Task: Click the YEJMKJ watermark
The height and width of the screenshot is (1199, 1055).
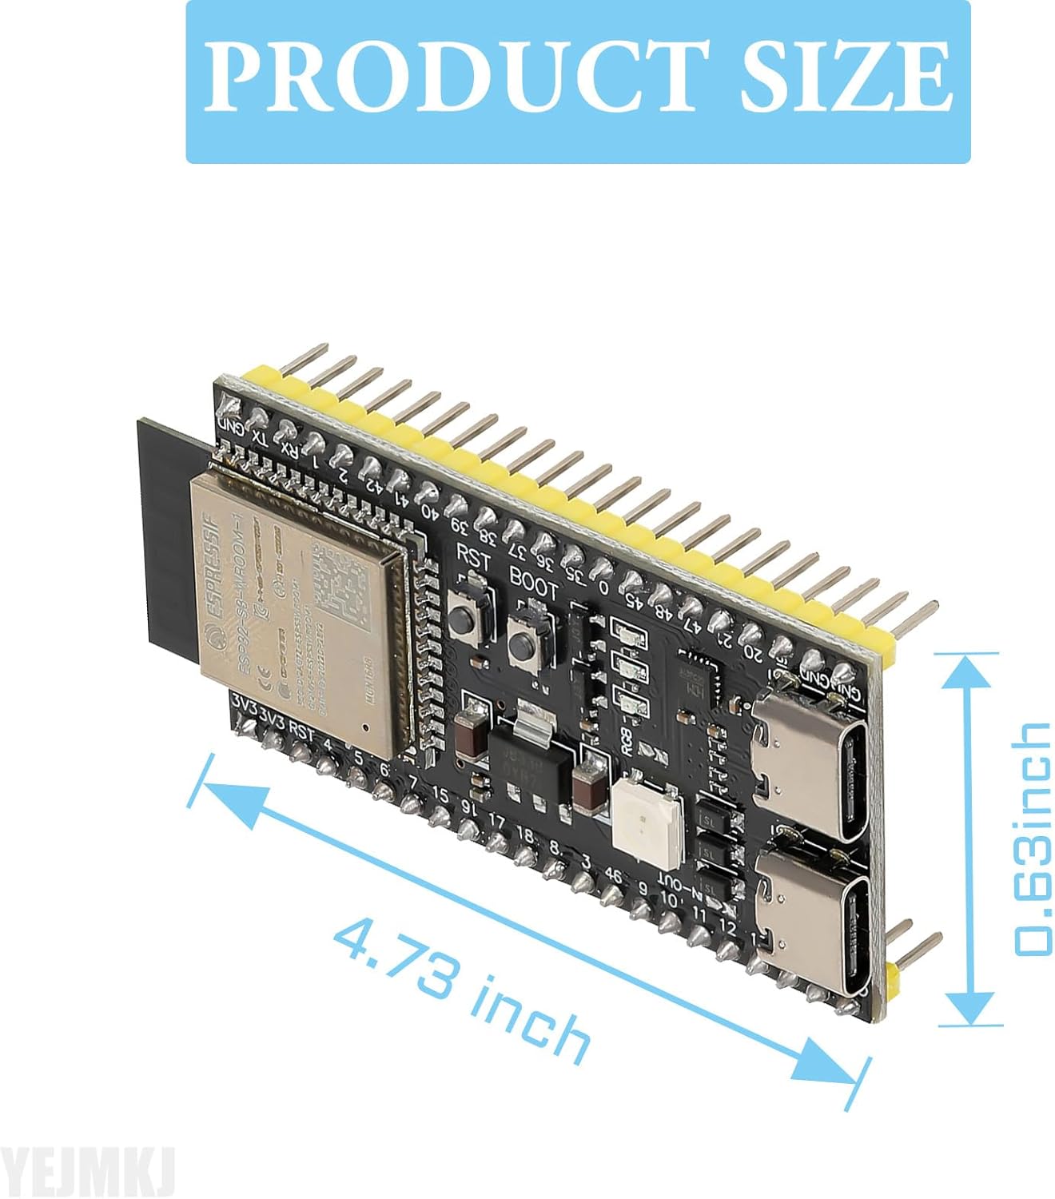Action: point(87,1172)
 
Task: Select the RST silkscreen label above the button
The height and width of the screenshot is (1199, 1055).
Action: point(472,556)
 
